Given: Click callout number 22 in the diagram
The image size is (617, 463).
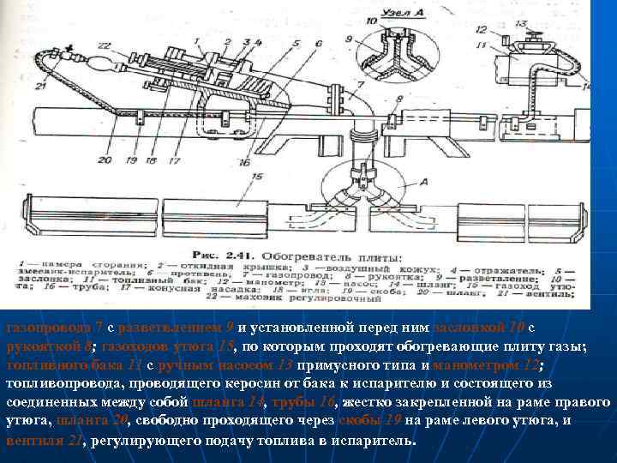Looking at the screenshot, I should [x=104, y=44].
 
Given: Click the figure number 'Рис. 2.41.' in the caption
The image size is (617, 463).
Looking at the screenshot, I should [x=221, y=256].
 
